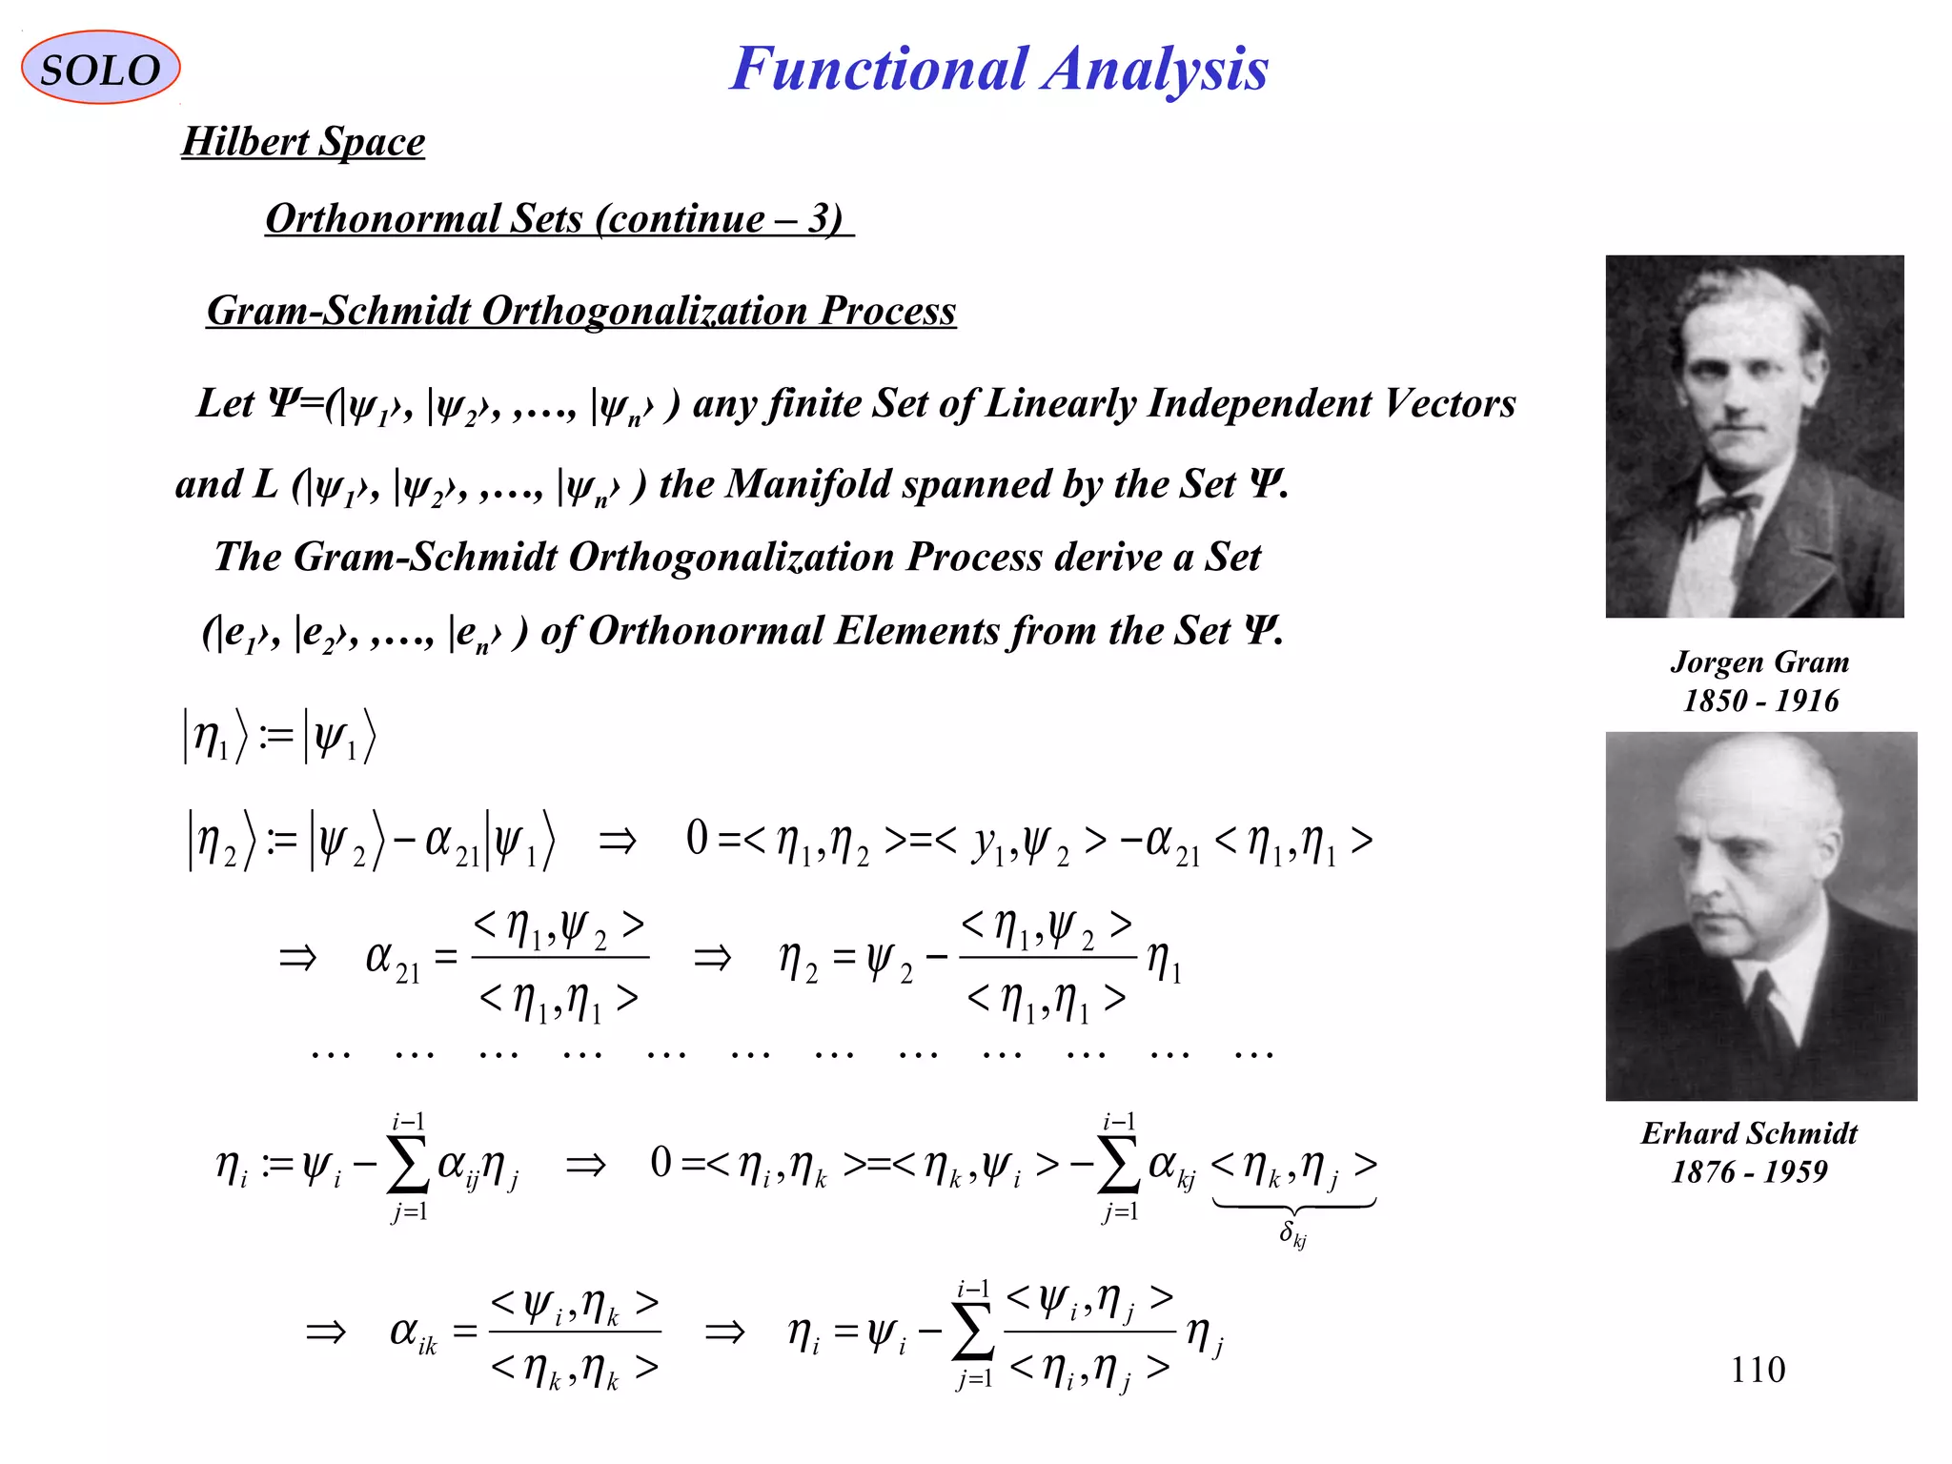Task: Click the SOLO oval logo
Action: point(100,69)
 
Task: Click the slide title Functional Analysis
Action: point(999,69)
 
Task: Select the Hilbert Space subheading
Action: point(303,142)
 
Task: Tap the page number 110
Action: point(1758,1370)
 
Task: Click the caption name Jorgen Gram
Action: point(1759,661)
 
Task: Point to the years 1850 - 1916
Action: point(1760,701)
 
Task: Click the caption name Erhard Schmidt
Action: point(1749,1132)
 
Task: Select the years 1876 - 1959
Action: point(1749,1171)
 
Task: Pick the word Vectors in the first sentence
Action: point(1450,403)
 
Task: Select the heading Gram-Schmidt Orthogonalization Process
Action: point(581,311)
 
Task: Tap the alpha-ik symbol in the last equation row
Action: point(413,1332)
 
